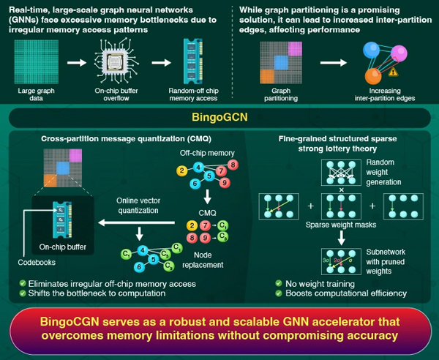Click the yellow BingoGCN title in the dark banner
click(219, 117)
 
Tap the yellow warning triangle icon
click(393, 72)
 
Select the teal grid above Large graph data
click(37, 61)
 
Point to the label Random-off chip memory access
click(193, 94)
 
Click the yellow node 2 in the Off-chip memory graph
click(182, 170)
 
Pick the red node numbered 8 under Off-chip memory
click(233, 165)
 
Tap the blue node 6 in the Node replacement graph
click(139, 267)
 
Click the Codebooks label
click(37, 262)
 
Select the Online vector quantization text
click(138, 206)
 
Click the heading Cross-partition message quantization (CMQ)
click(126, 139)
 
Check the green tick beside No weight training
click(279, 283)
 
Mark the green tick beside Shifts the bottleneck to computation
click(23, 293)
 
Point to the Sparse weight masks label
click(341, 225)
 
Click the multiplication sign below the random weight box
click(341, 190)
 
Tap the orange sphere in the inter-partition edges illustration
click(373, 76)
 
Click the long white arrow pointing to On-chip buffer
click(136, 223)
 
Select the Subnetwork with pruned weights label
click(386, 261)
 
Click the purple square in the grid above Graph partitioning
click(295, 49)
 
